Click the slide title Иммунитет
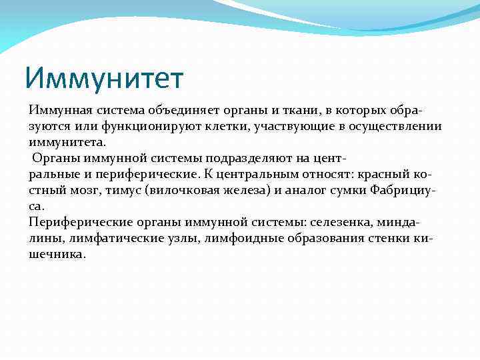coord(104,79)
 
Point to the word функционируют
coord(145,127)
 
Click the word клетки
coord(225,127)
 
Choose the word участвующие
coord(291,127)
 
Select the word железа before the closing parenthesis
coord(228,191)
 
